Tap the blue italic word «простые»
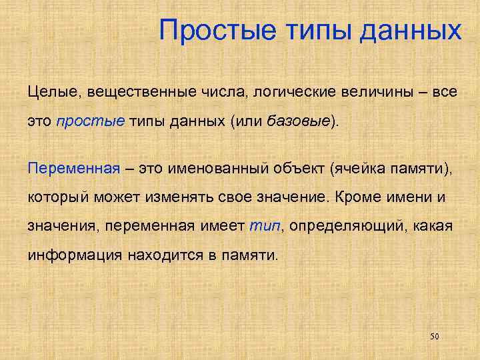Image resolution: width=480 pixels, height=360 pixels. [81, 122]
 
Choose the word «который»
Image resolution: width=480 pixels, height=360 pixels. [56, 197]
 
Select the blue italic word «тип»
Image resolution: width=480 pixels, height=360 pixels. [265, 227]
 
